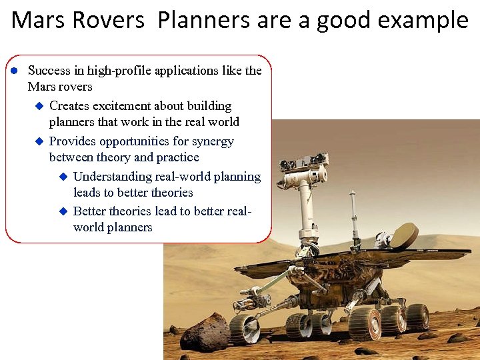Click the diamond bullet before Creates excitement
[x=39, y=106]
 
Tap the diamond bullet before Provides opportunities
[x=39, y=141]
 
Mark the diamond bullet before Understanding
[x=63, y=177]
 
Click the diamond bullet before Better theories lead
[x=63, y=211]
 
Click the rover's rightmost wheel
[x=418, y=316]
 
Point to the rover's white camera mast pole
[x=306, y=207]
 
